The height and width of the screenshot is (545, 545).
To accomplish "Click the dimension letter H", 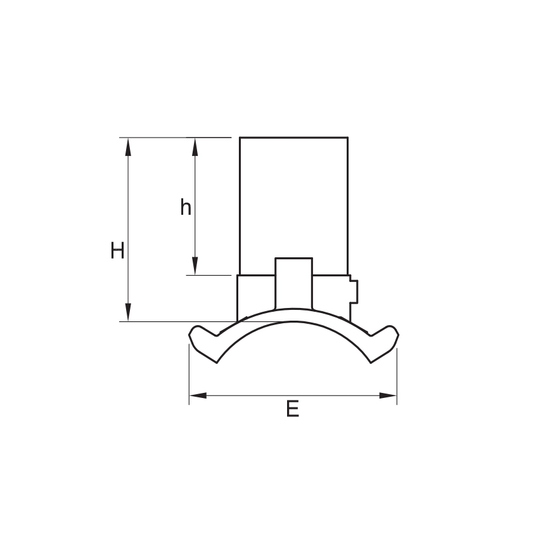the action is (117, 250).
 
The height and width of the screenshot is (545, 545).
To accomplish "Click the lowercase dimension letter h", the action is (186, 207).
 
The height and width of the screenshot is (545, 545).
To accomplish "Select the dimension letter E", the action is (293, 409).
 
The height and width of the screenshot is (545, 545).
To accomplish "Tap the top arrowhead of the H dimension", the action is (128, 146).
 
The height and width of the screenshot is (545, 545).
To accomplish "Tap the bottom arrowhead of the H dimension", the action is (128, 312).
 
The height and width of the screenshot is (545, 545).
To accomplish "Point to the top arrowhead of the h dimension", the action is (195, 146).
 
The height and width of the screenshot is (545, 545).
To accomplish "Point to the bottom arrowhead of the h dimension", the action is (195, 266).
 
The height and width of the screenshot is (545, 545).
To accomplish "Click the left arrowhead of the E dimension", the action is (198, 395).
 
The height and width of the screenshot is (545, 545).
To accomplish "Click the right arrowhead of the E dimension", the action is (388, 395).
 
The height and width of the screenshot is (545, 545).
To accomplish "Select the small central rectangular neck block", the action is (293, 283).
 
